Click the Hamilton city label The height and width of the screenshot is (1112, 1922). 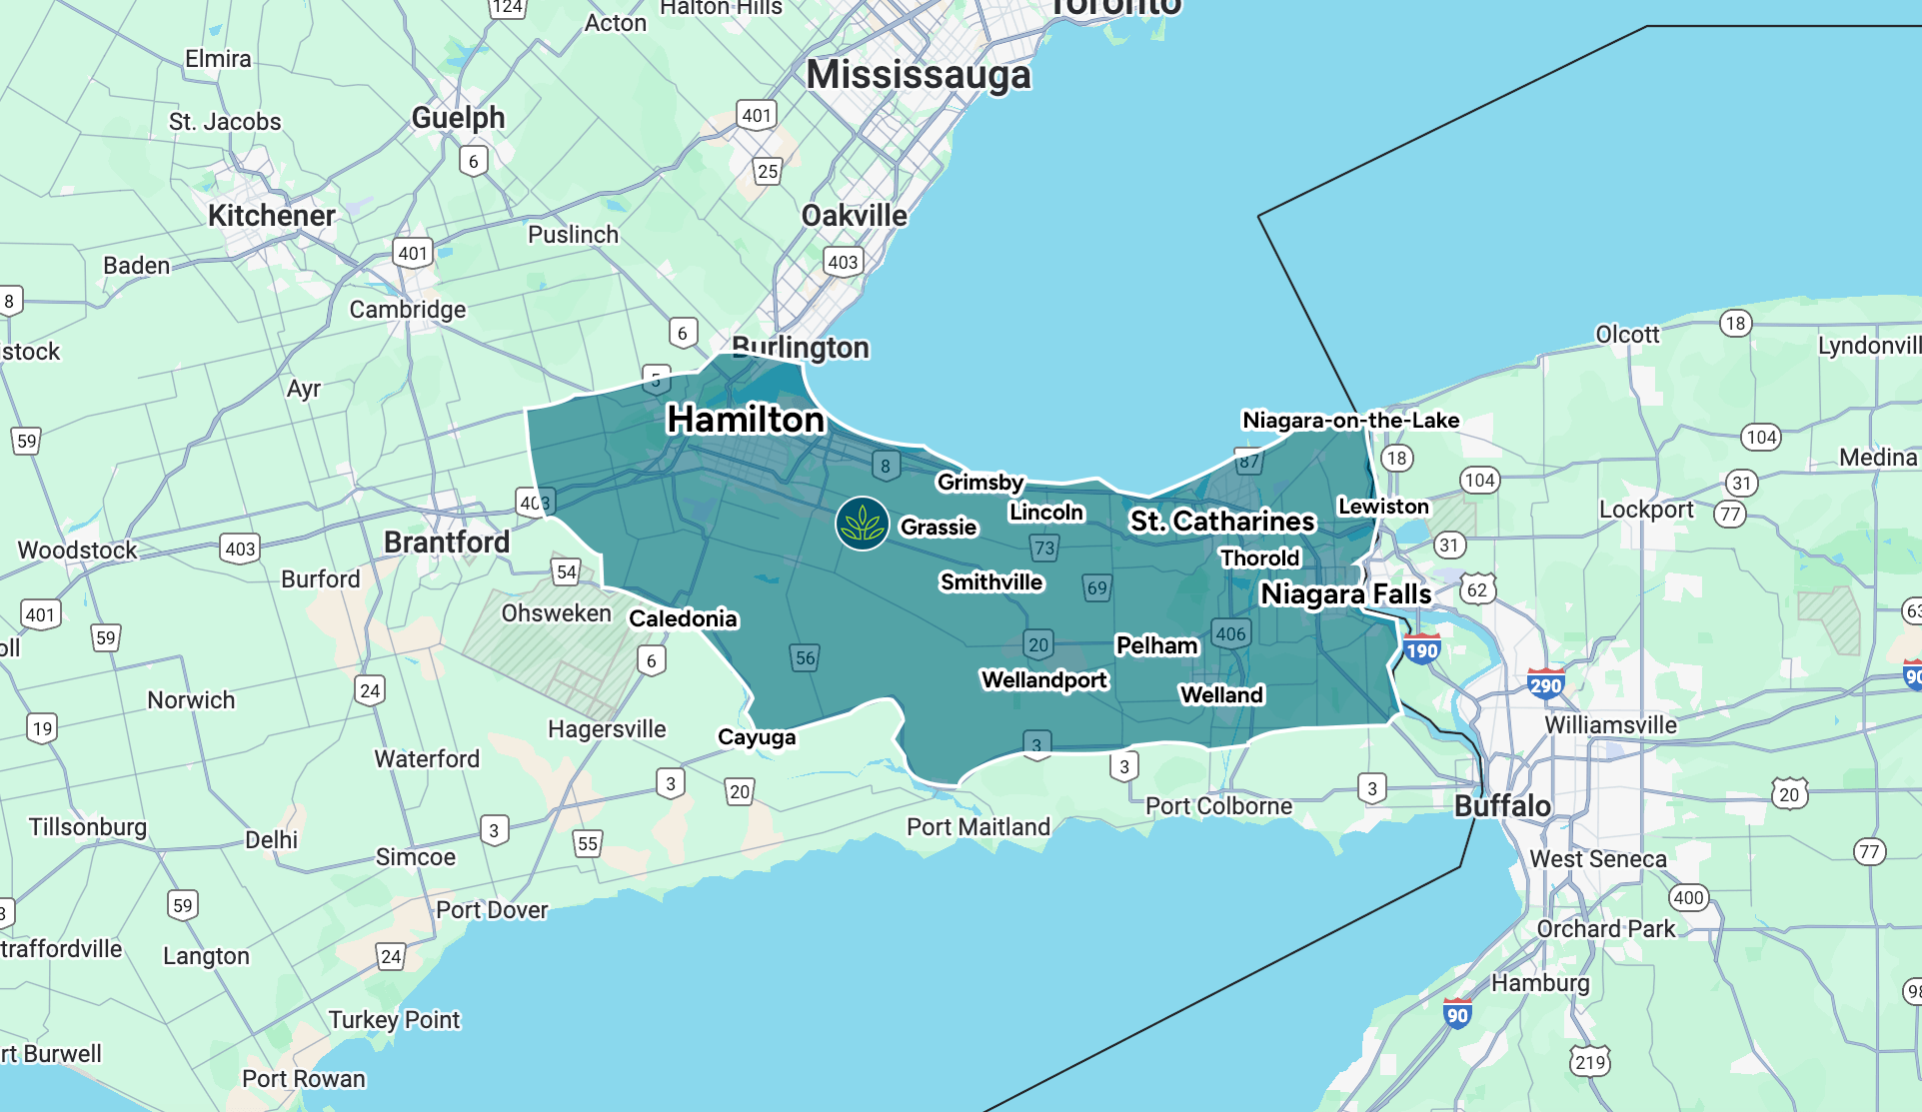746,420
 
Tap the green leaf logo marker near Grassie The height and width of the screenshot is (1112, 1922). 862,524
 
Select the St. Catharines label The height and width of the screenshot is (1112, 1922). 1221,522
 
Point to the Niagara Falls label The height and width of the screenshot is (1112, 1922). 1345,594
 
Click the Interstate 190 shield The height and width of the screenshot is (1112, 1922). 1421,650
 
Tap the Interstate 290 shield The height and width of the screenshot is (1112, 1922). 1545,684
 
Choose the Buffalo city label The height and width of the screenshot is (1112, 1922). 1502,806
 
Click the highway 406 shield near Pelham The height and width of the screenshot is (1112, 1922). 1230,633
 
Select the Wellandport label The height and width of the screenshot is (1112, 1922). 1043,680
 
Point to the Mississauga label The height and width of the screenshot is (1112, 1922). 918,75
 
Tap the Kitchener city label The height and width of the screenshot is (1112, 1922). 271,216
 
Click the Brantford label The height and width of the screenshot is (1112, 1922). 447,543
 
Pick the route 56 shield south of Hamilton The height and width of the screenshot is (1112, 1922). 805,657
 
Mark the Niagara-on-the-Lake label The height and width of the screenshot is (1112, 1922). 1350,421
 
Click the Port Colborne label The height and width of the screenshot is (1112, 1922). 1218,806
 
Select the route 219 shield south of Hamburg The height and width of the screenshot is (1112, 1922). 1589,1062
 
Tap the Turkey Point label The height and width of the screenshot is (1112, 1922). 394,1020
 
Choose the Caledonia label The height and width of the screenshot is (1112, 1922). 683,619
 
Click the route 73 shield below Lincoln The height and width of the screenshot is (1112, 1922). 1044,548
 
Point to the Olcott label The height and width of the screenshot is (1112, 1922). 1627,335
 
